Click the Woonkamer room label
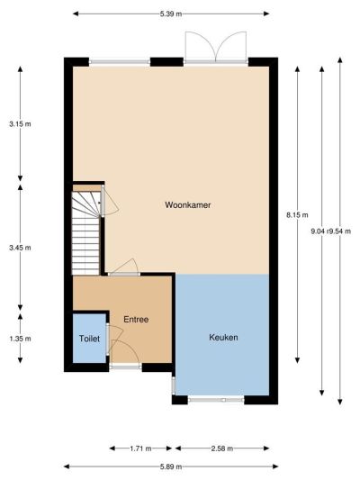coord(188,204)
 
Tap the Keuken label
coord(223,338)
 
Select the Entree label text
coord(136,320)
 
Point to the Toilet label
coord(89,339)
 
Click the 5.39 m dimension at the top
coord(171,14)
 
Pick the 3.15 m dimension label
coord(20,124)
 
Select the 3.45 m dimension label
coord(20,248)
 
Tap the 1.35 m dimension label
coord(20,339)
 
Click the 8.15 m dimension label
coord(297,215)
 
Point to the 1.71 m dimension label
coord(140,448)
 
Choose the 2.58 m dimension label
coord(222,448)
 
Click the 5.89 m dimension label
coord(171,466)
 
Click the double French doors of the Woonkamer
coord(216,48)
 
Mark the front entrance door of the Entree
coord(125,355)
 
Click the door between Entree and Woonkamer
coord(124,267)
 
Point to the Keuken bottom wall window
coord(216,400)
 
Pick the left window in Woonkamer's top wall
coord(120,62)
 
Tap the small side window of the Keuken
coord(173,385)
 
